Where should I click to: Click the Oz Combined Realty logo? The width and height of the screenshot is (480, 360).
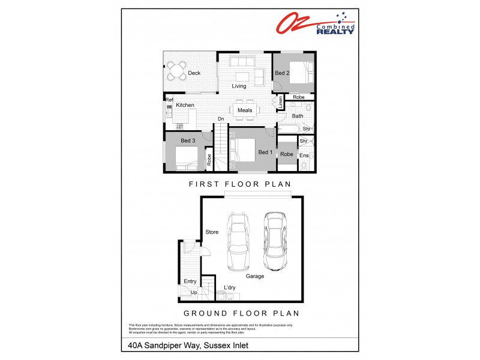[314, 23]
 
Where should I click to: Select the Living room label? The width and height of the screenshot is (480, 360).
[239, 86]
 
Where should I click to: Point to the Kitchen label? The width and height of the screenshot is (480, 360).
[185, 105]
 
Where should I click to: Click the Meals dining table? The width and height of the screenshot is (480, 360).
[245, 110]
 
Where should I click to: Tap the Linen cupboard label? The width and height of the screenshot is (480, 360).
[280, 103]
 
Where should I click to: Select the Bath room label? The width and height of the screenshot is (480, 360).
[298, 116]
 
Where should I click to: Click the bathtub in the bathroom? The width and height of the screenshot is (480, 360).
[289, 129]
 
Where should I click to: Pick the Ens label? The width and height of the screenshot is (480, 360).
[304, 156]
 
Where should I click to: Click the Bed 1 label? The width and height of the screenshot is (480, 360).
[265, 152]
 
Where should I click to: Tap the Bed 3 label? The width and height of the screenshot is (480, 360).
[188, 140]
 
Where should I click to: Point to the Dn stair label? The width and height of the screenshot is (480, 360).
[221, 119]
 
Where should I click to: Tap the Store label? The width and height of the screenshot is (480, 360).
[212, 232]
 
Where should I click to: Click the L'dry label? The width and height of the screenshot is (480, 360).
[230, 287]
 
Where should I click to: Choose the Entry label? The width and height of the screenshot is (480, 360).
[190, 281]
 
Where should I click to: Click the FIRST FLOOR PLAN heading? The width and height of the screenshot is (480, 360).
[239, 184]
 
